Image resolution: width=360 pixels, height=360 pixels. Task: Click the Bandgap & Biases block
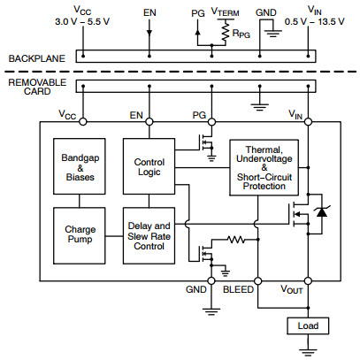pyautogui.click(x=80, y=166)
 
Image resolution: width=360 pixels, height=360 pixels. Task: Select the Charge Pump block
pyautogui.click(x=80, y=235)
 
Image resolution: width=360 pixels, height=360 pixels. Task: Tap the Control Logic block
pyautogui.click(x=149, y=166)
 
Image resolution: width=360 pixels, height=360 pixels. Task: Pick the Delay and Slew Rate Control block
pyautogui.click(x=149, y=235)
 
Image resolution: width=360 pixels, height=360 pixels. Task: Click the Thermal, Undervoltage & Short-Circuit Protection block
pyautogui.click(x=264, y=167)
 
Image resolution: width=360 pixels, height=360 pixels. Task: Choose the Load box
pyautogui.click(x=308, y=326)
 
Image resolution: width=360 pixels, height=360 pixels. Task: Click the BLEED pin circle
pyautogui.click(x=258, y=281)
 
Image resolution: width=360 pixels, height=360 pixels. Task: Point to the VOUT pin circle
pyautogui.click(x=308, y=281)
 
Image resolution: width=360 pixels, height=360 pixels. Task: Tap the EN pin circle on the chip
pyautogui.click(x=149, y=121)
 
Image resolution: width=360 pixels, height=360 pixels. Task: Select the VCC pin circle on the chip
pyautogui.click(x=83, y=121)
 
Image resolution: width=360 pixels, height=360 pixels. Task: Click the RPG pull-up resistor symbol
pyautogui.click(x=226, y=32)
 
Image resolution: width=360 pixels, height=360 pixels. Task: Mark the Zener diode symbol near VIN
pyautogui.click(x=321, y=211)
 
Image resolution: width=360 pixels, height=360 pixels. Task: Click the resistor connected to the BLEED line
pyautogui.click(x=236, y=240)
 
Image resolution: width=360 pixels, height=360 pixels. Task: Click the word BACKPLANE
pyautogui.click(x=37, y=58)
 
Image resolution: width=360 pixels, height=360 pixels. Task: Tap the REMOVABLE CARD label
pyautogui.click(x=37, y=87)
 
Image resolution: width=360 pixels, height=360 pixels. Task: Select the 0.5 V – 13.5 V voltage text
pyautogui.click(x=314, y=22)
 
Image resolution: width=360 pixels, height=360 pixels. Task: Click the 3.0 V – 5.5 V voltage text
pyautogui.click(x=82, y=22)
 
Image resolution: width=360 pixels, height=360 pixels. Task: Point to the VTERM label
pyautogui.click(x=226, y=11)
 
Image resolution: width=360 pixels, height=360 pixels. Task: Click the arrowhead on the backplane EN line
pyautogui.click(x=149, y=32)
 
